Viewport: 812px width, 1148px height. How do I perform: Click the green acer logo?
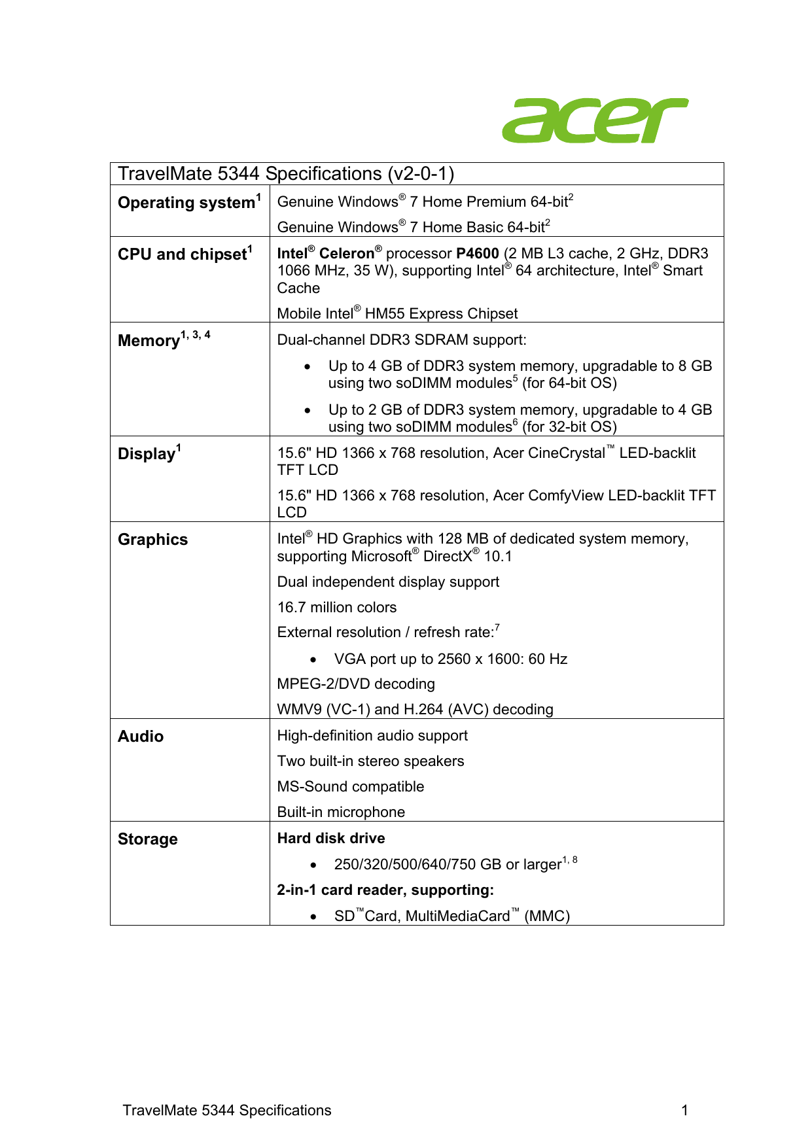coord(594,121)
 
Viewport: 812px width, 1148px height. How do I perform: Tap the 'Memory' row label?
coord(149,341)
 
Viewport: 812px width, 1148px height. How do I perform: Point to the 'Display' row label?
coord(147,454)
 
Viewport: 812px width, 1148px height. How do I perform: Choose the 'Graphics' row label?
coord(152,540)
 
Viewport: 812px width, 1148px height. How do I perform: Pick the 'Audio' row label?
coord(141,737)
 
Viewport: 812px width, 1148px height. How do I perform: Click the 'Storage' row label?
coord(147,839)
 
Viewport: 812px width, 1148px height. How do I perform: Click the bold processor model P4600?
coord(478,254)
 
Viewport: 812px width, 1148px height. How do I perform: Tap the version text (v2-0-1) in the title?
coord(421,174)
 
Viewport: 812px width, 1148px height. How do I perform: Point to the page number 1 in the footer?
coord(684,1110)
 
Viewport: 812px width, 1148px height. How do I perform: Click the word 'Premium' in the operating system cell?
coord(493,202)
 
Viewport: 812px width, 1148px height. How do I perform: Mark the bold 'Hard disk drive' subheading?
coord(331,839)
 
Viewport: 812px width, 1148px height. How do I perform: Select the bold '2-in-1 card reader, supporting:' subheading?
coord(385,890)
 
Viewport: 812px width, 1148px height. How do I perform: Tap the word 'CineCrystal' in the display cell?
coord(565,453)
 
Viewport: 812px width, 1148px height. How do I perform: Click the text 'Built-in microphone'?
coord(341,812)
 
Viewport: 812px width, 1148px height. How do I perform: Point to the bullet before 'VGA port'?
coord(314,659)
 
